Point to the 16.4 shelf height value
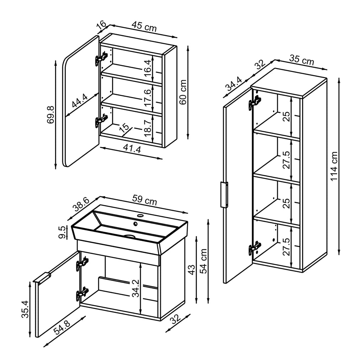[x=149, y=66]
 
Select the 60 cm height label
[x=183, y=92]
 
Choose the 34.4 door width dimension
[x=234, y=85]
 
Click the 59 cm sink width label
[x=144, y=200]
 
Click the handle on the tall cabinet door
[x=224, y=194]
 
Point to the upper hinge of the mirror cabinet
[x=102, y=58]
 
